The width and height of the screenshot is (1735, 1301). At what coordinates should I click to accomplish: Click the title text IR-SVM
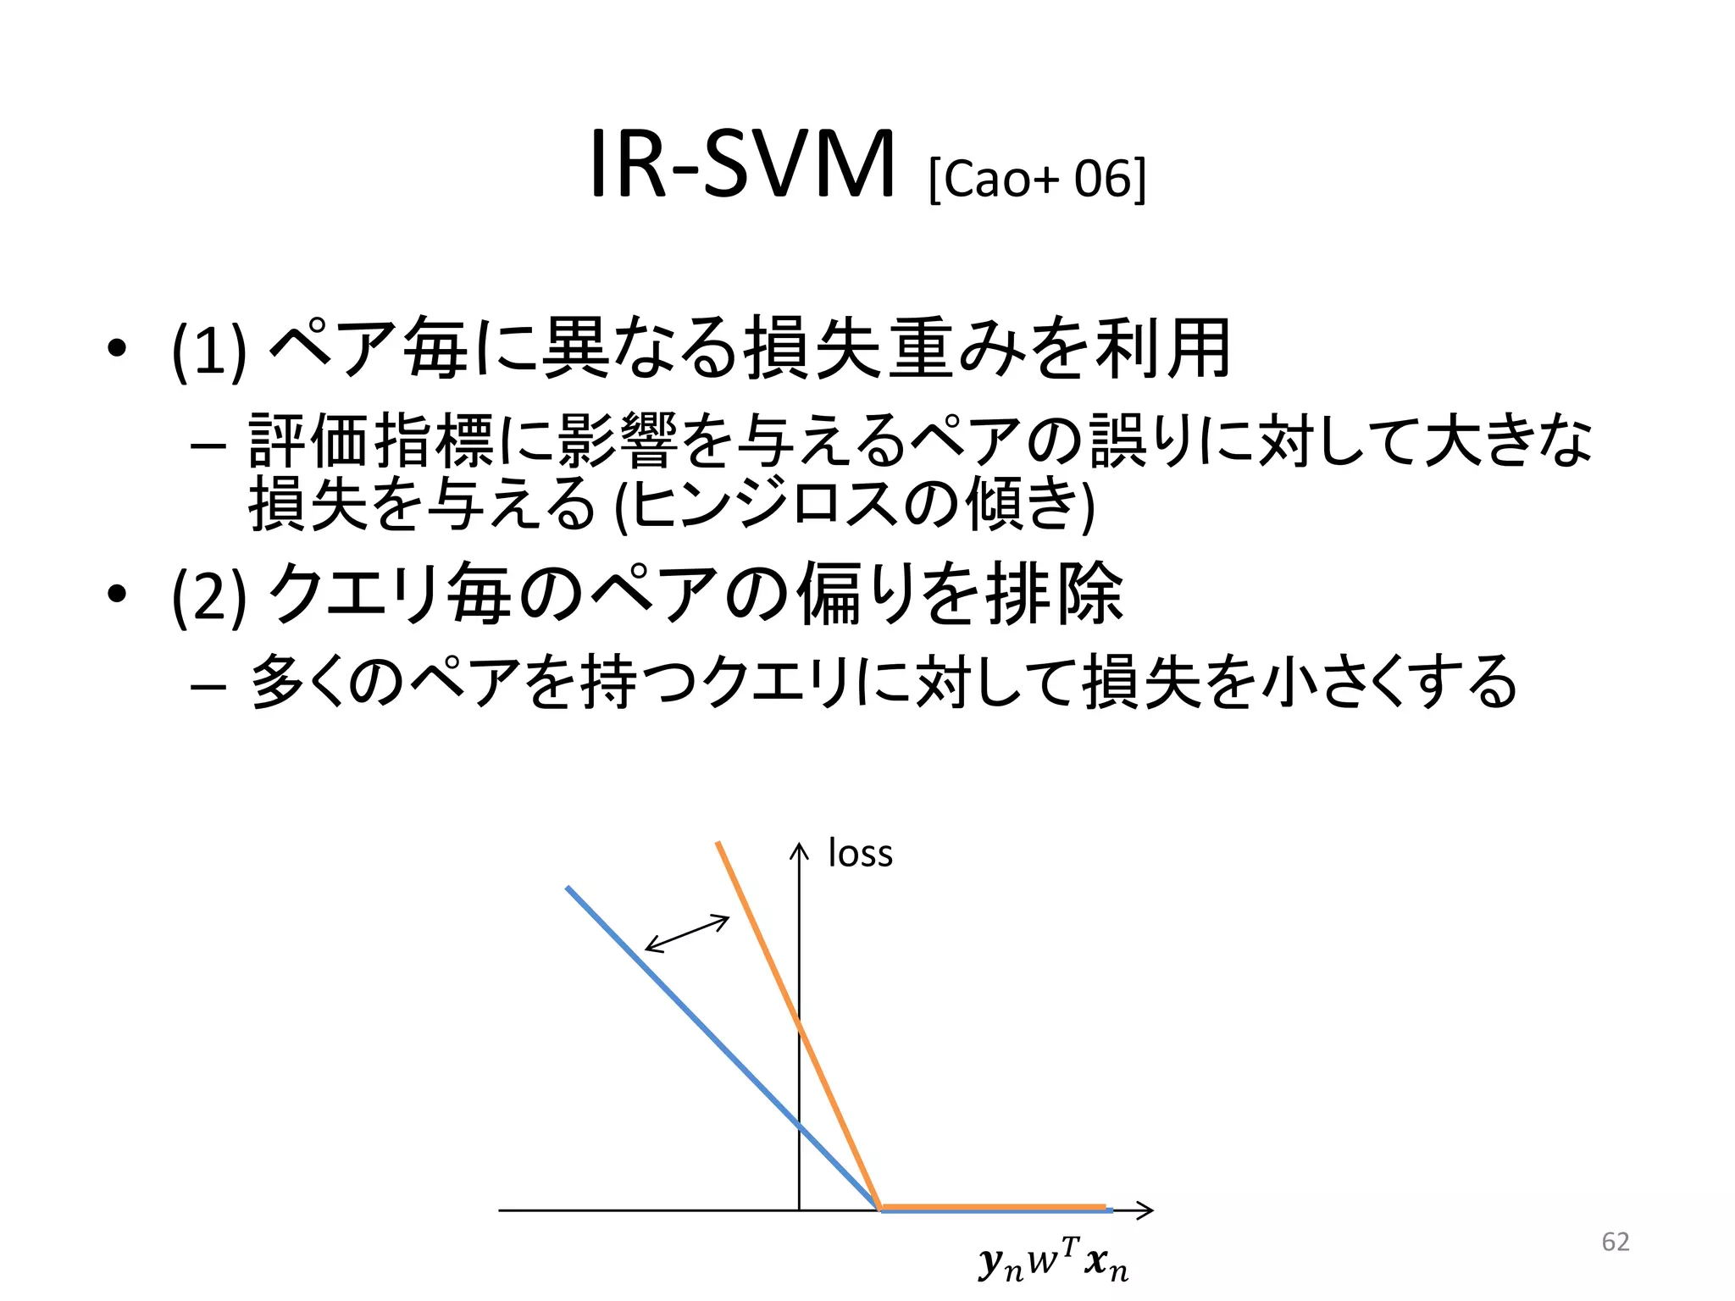740,165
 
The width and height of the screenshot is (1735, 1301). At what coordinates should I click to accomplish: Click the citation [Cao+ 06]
1037,179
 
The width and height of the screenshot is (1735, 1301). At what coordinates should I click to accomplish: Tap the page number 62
1616,1242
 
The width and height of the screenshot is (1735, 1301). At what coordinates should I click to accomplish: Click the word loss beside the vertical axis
860,853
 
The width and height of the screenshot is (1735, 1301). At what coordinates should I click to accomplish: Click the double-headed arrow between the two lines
687,933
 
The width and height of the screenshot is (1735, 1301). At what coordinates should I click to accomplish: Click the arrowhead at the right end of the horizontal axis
1145,1210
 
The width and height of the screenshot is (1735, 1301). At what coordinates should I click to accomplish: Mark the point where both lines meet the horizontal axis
879,1208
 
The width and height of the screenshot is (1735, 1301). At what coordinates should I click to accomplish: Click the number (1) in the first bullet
208,350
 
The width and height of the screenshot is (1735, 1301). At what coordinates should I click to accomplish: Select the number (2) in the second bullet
208,595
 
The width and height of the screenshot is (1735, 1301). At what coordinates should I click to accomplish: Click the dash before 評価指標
208,444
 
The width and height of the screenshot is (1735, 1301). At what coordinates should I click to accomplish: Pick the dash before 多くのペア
208,684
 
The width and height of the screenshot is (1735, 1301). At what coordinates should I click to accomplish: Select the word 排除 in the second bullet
1055,594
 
